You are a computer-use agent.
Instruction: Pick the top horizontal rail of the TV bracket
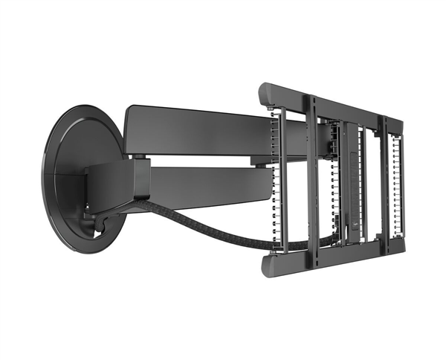pyautogui.click(x=334, y=105)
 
